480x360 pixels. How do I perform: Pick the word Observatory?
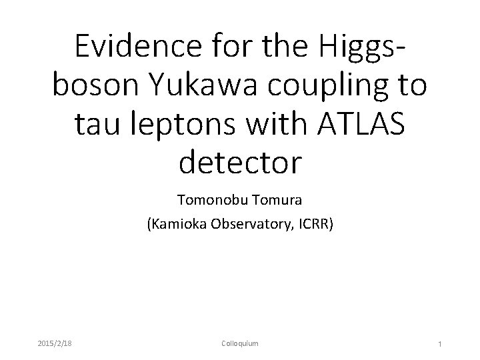pos(247,225)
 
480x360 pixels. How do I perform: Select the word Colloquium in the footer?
pos(239,343)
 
